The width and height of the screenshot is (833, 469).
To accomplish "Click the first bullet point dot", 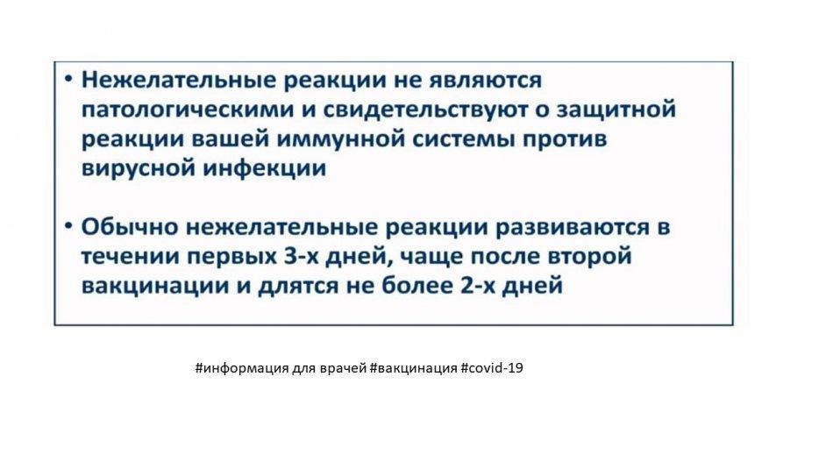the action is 68,79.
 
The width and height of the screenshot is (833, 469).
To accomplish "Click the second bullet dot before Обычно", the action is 68,226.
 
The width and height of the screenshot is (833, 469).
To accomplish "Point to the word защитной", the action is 616,109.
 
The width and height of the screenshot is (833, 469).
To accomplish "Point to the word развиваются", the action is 573,228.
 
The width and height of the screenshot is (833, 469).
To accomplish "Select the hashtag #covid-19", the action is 492,367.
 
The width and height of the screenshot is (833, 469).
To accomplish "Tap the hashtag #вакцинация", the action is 413,368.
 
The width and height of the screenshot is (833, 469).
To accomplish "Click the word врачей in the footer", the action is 343,368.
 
